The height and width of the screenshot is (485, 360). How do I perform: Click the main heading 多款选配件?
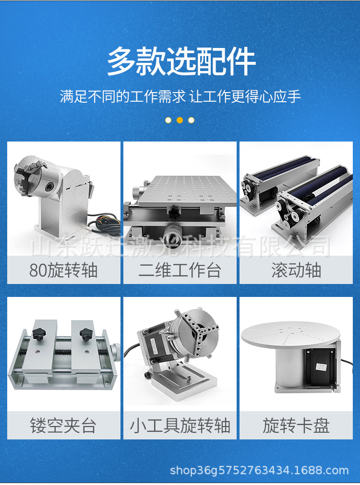(180, 61)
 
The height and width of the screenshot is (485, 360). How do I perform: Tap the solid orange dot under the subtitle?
(180, 120)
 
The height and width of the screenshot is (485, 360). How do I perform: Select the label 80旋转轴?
(63, 271)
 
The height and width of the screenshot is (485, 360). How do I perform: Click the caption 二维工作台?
(180, 271)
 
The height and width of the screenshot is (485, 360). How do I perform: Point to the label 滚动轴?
(296, 271)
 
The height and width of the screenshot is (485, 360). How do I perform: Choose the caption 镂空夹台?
(63, 426)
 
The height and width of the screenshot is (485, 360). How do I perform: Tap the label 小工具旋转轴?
(180, 426)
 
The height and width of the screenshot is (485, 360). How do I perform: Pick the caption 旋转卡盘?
(296, 426)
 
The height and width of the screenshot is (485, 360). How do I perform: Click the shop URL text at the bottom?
(259, 471)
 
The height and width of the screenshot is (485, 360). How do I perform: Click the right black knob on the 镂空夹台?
(87, 332)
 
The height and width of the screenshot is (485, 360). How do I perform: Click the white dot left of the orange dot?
(168, 120)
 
